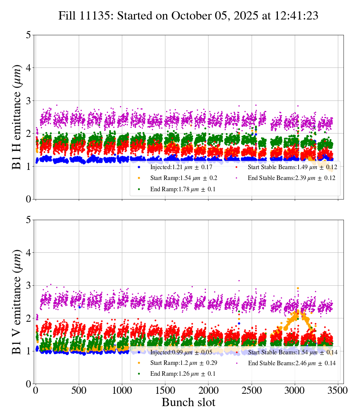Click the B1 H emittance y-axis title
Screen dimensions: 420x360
point(17,117)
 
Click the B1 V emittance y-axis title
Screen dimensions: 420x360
point(17,301)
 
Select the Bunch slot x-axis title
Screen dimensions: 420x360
point(189,402)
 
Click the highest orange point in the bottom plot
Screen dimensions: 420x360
point(298,288)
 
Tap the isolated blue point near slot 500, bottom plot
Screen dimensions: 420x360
point(79,307)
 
